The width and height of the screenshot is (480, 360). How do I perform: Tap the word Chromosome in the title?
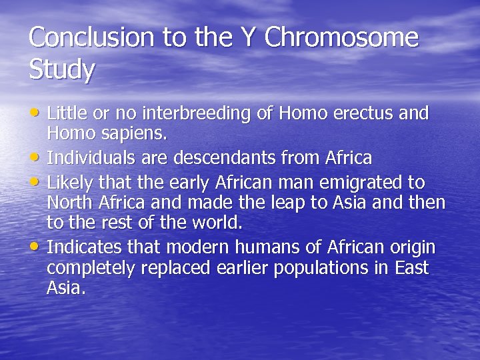tap(341, 38)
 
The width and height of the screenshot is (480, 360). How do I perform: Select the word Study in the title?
tap(62, 70)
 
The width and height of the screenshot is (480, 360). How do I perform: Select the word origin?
tap(409, 247)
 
